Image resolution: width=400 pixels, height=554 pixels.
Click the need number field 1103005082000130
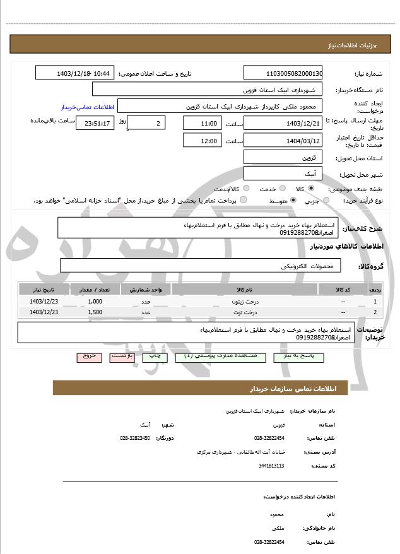coord(283,73)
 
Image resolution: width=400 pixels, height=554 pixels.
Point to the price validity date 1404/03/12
coord(283,140)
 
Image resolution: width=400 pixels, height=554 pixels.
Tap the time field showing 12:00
coord(202,140)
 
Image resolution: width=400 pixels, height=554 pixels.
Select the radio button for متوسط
coord(293,200)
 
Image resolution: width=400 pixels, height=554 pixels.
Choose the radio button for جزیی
coord(326,200)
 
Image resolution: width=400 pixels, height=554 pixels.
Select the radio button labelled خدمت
coord(281,188)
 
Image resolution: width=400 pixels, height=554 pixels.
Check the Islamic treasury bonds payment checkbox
coord(244,200)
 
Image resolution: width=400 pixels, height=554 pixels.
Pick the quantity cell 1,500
coord(95,312)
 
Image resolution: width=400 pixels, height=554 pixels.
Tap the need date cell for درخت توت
coord(44,312)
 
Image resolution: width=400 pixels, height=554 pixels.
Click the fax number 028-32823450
coord(135,437)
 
